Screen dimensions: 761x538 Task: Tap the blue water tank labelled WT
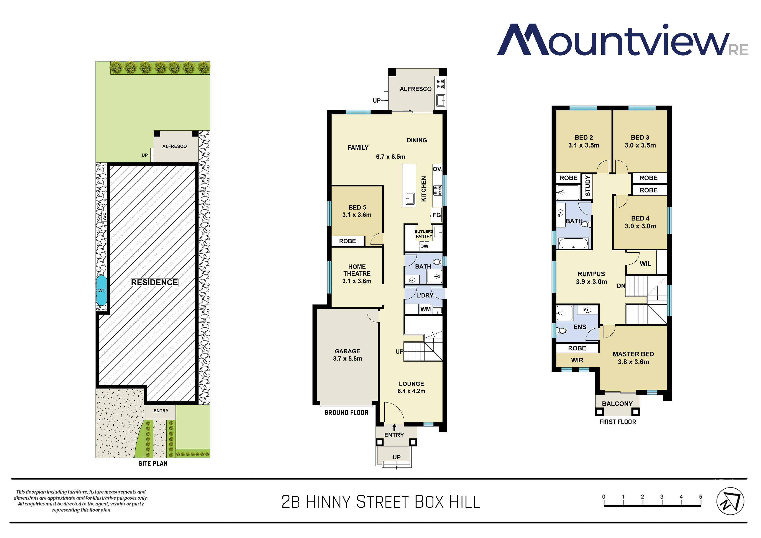point(102,290)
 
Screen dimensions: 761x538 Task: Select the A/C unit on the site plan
point(104,217)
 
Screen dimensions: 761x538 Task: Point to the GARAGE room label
point(347,351)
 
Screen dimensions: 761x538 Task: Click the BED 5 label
point(357,207)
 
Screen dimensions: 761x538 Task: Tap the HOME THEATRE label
point(357,270)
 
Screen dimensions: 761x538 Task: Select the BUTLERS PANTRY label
point(424,234)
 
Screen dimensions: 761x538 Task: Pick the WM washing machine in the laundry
point(426,309)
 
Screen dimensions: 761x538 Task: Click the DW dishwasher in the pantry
point(424,246)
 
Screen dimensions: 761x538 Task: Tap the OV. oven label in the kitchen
point(437,169)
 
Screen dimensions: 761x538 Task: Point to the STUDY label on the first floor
point(588,186)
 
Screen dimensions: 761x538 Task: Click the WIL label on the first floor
point(645,264)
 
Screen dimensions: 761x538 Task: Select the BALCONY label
point(617,403)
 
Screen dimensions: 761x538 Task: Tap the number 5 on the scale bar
point(701,497)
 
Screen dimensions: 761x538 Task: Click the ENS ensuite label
point(580,327)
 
